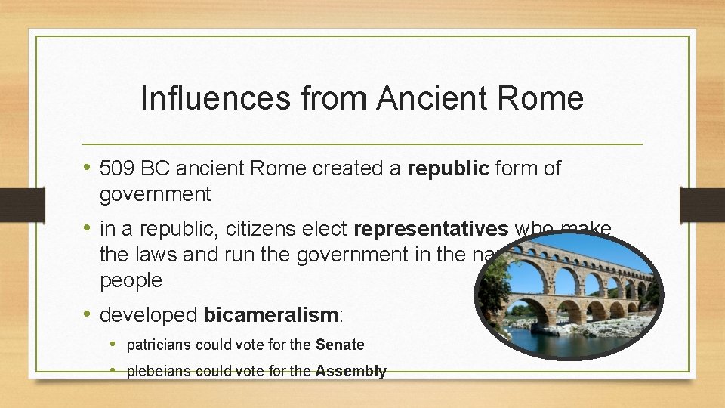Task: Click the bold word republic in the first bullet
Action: [x=448, y=168]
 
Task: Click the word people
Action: [x=131, y=280]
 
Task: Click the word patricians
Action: [x=159, y=345]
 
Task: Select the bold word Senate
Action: [x=340, y=345]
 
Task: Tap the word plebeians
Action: [x=159, y=371]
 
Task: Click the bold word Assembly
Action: [x=350, y=371]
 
